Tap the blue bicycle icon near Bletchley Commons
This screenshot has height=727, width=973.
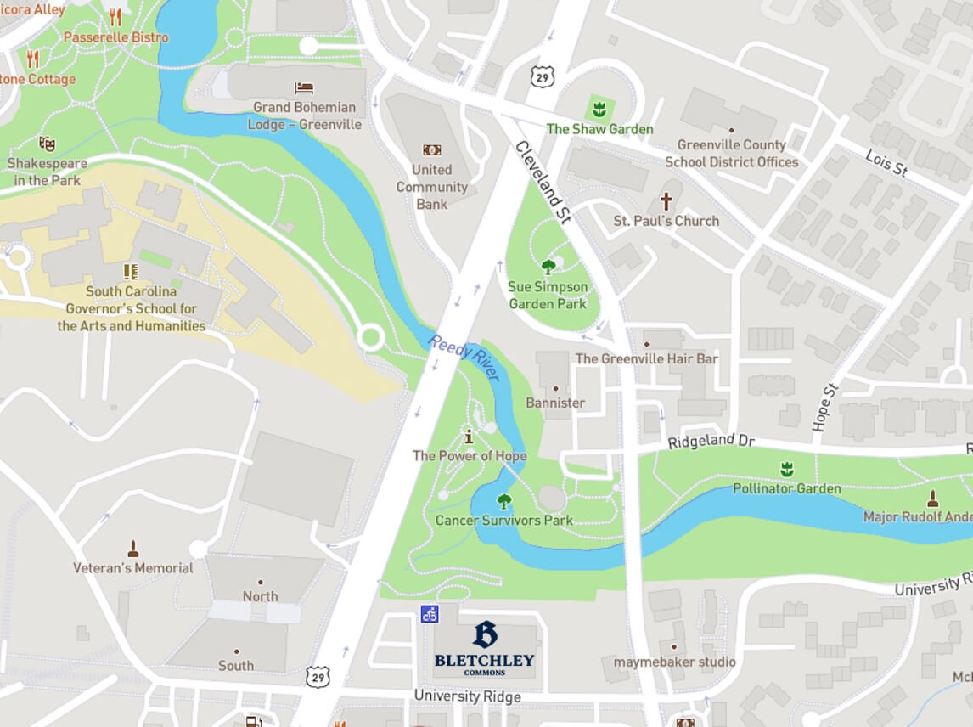tap(430, 613)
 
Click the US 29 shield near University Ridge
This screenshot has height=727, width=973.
tap(317, 676)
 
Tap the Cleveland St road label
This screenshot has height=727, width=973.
tap(541, 182)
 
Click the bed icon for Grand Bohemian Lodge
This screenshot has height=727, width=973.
tap(304, 88)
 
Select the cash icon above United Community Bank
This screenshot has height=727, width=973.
tap(431, 150)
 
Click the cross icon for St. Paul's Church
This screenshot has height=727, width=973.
tap(666, 202)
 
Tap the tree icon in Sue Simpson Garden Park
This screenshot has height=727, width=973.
tap(548, 267)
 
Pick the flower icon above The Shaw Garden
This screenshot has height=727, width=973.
tap(599, 109)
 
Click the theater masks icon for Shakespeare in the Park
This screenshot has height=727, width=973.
tap(47, 144)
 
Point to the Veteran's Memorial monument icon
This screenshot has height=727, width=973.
tap(132, 549)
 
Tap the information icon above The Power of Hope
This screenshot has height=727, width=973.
tap(469, 437)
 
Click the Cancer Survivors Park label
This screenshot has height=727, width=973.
tap(503, 520)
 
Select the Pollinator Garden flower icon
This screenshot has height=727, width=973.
tap(786, 469)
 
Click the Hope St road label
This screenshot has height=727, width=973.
tap(824, 406)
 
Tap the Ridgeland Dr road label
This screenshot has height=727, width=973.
tap(711, 442)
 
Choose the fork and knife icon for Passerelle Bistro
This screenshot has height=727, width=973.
tap(115, 17)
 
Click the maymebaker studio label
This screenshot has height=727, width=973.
tap(674, 662)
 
